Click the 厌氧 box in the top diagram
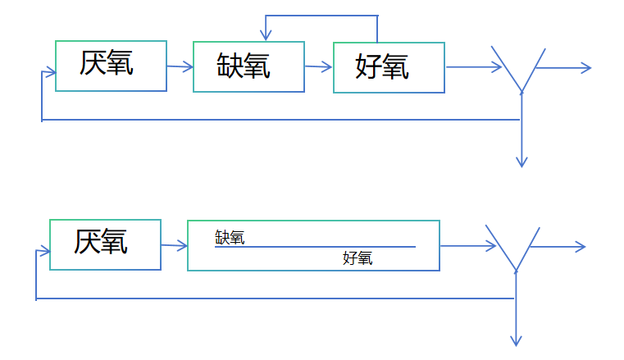[111, 66]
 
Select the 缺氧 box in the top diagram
[248, 66]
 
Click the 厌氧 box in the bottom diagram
[105, 244]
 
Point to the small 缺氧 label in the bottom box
[230, 238]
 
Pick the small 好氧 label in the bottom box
[358, 259]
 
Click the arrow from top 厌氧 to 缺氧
[180, 66]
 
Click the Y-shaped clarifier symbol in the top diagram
[519, 70]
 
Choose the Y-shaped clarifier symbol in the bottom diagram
[513, 248]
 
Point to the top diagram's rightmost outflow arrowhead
[585, 68]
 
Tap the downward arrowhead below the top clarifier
[521, 162]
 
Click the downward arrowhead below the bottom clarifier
[516, 340]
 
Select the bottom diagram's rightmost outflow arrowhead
[580, 246]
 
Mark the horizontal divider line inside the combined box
[315, 247]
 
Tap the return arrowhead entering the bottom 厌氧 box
[45, 251]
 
